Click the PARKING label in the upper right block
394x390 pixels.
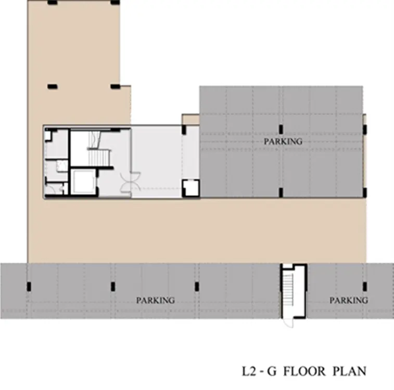tap(283, 141)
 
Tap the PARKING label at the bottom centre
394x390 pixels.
tap(155, 300)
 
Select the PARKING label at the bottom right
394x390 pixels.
tap(349, 300)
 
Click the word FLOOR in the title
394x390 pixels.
tap(304, 371)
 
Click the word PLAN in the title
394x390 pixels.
tap(350, 371)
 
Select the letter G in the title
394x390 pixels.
tap(271, 371)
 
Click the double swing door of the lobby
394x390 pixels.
tap(131, 182)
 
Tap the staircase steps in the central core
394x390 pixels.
tap(99, 158)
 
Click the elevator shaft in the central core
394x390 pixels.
tap(83, 181)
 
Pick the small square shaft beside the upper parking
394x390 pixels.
tap(190, 188)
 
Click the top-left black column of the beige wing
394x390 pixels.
tap(53, 3)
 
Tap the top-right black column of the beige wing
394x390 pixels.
tap(115, 3)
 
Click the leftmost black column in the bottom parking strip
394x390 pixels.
tap(29, 287)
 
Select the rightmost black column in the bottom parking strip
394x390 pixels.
tap(365, 287)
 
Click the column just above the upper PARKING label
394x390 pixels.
tap(281, 129)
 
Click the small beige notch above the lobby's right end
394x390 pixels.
tap(190, 120)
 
